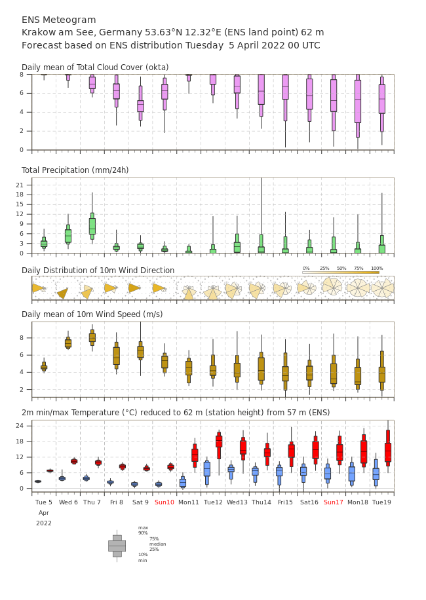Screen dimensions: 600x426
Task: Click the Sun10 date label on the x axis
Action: [165, 502]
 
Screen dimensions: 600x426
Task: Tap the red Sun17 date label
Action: [334, 502]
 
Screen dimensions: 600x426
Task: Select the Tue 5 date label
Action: [44, 502]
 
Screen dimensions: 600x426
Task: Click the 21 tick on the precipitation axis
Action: [27, 185]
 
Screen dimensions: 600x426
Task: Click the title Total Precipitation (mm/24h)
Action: [75, 170]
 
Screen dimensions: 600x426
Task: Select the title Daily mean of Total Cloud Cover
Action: [95, 67]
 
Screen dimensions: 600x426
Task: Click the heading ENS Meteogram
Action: [59, 20]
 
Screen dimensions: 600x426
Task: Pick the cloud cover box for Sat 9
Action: [140, 106]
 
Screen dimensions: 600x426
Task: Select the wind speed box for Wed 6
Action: [68, 343]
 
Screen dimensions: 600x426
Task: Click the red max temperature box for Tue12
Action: [219, 441]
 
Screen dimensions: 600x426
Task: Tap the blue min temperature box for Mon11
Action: [183, 483]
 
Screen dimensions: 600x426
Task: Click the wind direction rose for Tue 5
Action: [39, 288]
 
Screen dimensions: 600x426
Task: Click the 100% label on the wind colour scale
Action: [377, 269]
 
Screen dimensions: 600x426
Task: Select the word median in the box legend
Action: [157, 544]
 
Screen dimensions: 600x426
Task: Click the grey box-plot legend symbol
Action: [117, 546]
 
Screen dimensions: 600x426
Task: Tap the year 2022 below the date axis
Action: [44, 523]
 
